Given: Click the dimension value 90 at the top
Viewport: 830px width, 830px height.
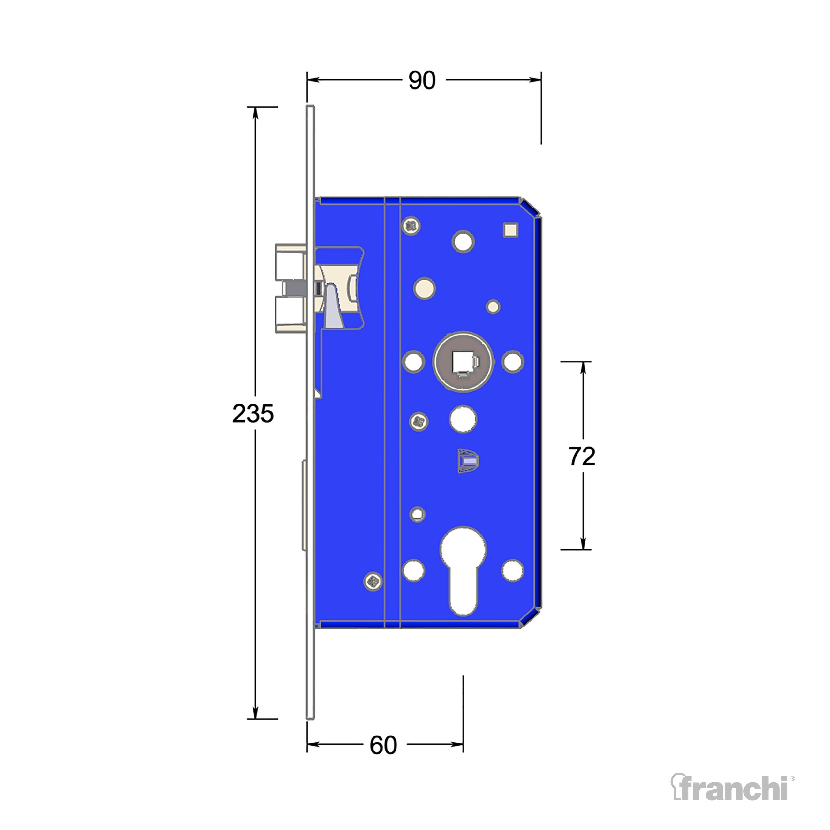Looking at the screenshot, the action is click(x=422, y=80).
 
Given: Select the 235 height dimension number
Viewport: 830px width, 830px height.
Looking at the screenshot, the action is click(x=253, y=414).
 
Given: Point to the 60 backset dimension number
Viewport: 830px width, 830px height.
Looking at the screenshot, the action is click(x=383, y=745).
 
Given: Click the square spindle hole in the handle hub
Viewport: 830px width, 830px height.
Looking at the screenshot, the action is click(x=462, y=362).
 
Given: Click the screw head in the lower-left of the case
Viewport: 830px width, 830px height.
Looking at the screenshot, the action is click(x=373, y=582).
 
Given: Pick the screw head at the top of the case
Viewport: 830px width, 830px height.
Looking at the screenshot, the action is click(x=411, y=226).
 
